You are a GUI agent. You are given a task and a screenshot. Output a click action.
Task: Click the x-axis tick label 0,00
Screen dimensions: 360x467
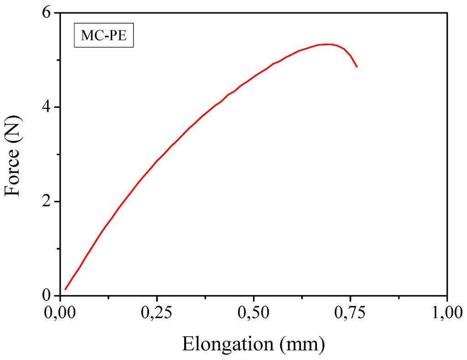[x=60, y=314]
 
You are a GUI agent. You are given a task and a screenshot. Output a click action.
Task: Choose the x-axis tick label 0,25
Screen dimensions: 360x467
[x=157, y=314]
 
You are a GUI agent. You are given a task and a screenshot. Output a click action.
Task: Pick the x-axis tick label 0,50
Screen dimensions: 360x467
[x=254, y=314]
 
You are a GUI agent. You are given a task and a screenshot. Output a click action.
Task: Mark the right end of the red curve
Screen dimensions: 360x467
[x=357, y=67]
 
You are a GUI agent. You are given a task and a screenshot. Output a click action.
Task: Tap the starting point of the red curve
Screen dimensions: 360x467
[x=66, y=289]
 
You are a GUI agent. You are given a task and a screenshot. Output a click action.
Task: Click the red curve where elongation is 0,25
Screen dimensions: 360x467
[x=157, y=161]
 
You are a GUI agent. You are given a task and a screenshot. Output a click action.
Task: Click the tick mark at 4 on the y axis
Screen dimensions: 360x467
[x=63, y=107]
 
